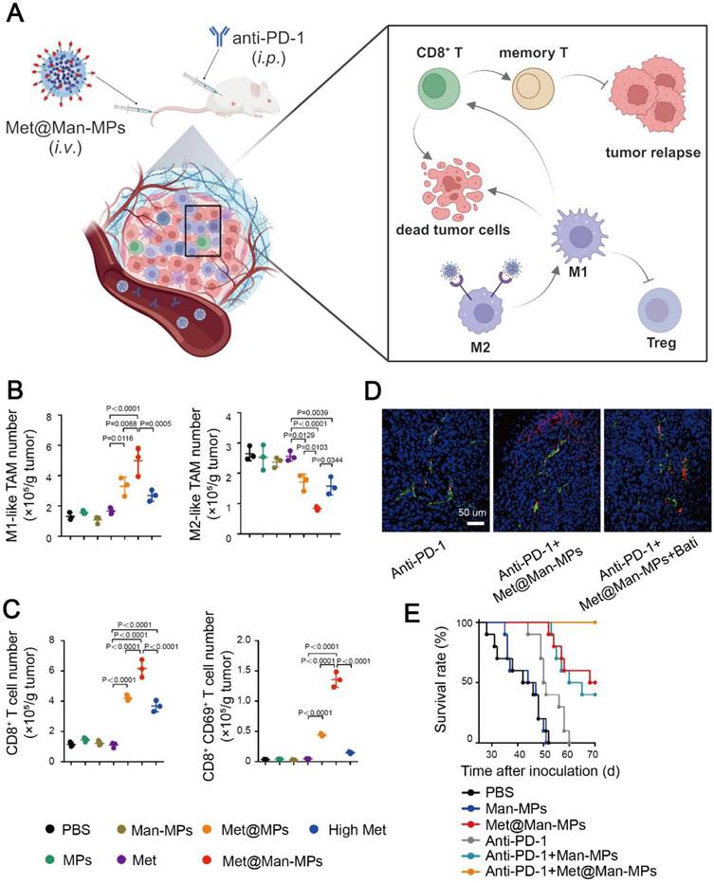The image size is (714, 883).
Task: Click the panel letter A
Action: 19,15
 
